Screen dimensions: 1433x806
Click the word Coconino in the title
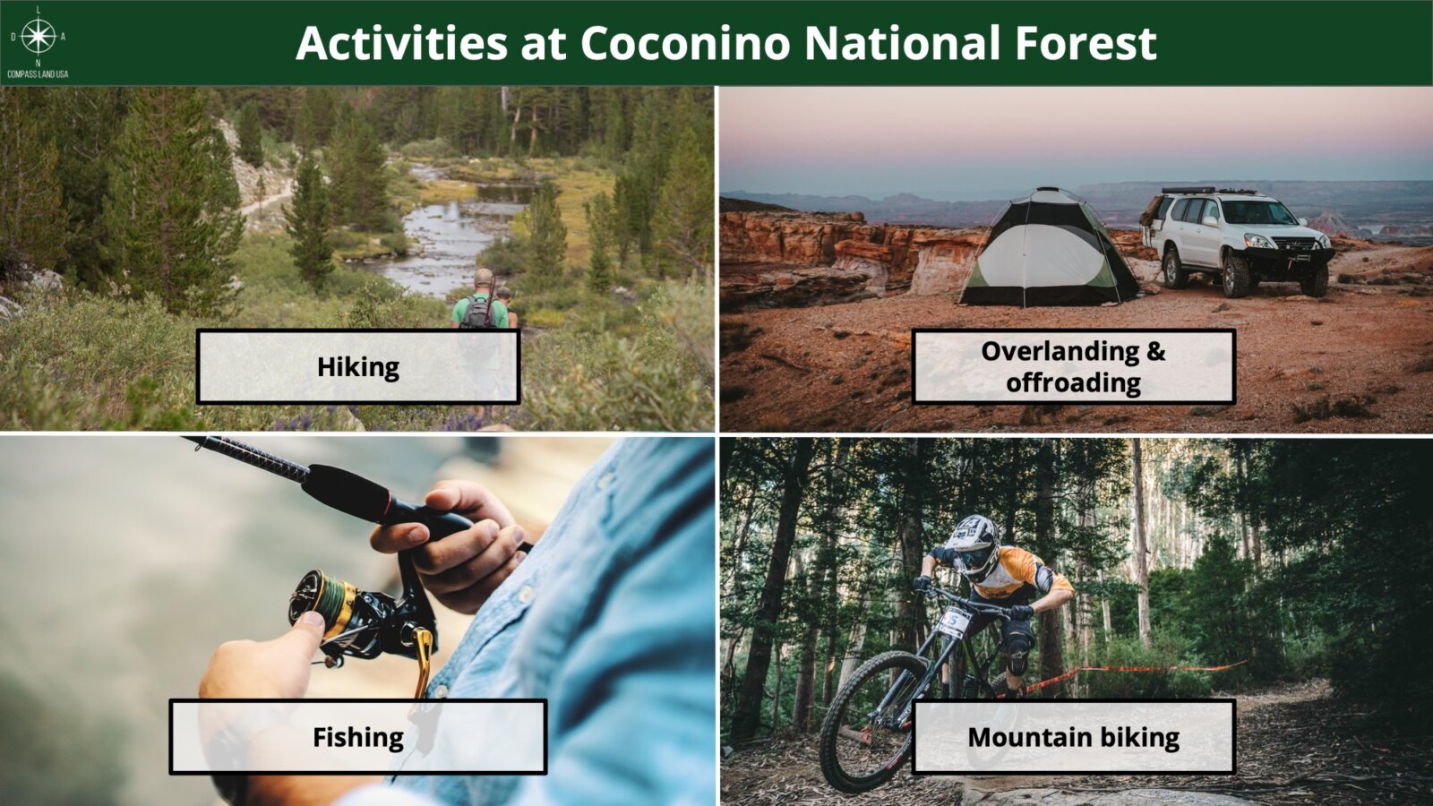[686, 43]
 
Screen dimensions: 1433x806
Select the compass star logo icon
[39, 36]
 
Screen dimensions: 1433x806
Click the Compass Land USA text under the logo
[38, 74]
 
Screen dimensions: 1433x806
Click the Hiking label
[358, 367]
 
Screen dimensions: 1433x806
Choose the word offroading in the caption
[1074, 382]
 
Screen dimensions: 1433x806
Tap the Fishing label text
[358, 737]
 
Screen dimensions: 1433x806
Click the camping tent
[1049, 250]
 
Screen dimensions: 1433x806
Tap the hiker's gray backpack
[476, 312]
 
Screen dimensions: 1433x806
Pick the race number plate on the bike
[955, 622]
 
